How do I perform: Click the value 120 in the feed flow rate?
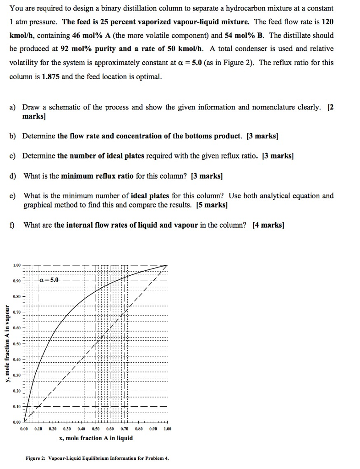327,22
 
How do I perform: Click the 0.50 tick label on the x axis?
96,429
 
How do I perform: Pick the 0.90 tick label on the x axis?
153,429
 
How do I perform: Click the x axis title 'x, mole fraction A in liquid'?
96,438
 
